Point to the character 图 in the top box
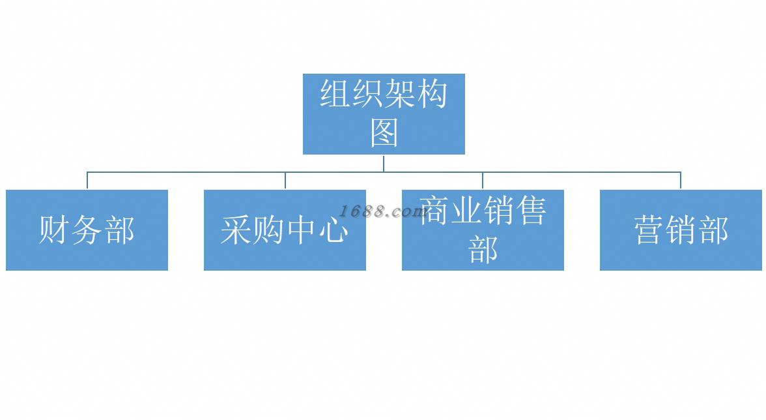pos(384,132)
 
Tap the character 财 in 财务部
pos(54,230)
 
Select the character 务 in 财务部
pos(87,230)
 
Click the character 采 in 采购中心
pos(236,230)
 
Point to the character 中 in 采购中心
pos(301,230)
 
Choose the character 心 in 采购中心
pos(333,230)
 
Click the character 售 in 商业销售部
pos(530,211)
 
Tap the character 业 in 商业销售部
pos(466,211)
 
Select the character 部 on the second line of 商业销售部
pos(483,249)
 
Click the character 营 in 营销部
pos(649,230)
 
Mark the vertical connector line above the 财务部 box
pos(87,181)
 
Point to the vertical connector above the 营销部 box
pos(681,181)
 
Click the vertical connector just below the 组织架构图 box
pos(384,163)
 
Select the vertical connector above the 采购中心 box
pos(285,181)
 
